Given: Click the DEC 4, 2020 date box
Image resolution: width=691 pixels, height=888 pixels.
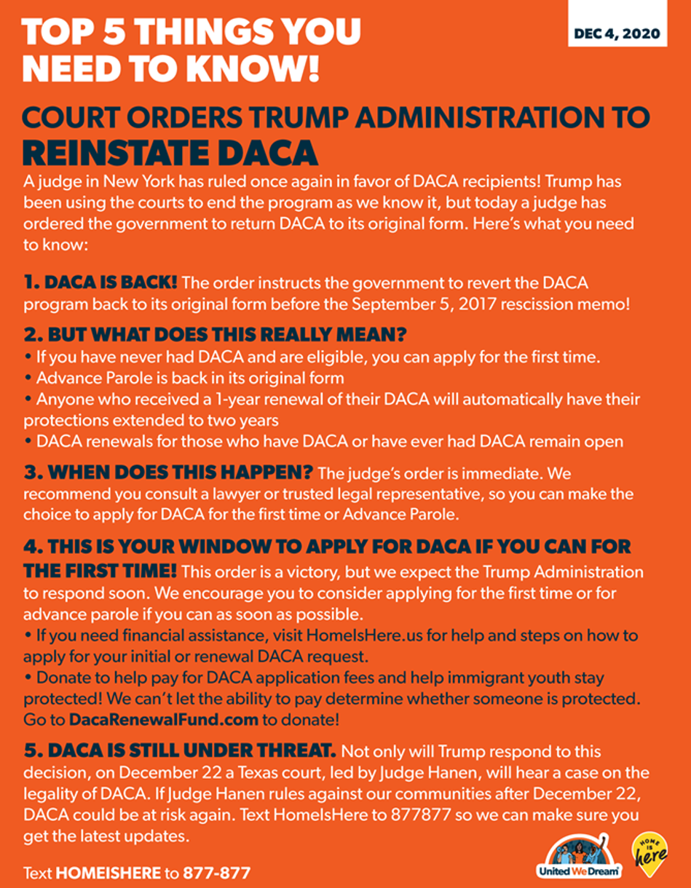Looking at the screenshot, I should click(617, 33).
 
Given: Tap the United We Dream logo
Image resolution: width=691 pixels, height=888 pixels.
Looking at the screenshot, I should click(580, 857).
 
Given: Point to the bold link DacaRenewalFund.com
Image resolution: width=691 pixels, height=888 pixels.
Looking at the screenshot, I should click(164, 720).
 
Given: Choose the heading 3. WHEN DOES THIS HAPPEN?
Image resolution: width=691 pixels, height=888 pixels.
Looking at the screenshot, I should click(168, 474).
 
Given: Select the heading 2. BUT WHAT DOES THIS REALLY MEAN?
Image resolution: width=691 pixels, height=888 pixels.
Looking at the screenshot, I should click(214, 335).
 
